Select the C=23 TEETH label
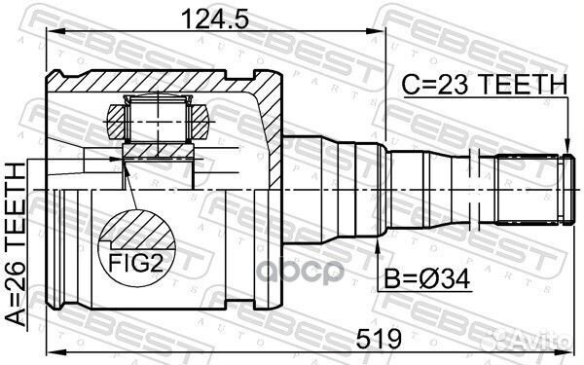[x=485, y=87]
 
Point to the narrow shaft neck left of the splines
[x=477, y=186]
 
